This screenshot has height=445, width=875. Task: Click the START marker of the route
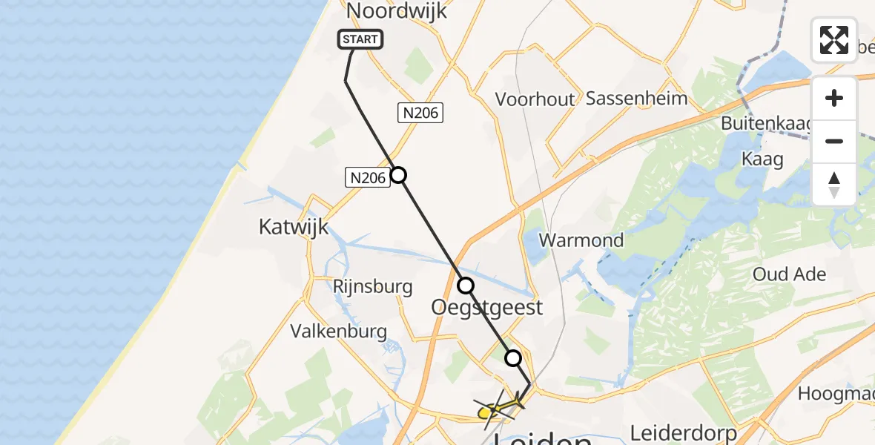click(360, 39)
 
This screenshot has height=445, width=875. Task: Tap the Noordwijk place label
click(397, 10)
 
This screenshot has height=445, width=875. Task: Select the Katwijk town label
click(294, 226)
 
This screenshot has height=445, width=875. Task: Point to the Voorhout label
click(535, 99)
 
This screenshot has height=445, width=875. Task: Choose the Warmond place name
click(581, 240)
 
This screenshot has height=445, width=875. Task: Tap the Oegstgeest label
click(487, 307)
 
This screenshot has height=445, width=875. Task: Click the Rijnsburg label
click(372, 286)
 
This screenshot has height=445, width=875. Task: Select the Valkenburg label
click(339, 331)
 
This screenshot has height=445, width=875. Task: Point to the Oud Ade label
click(789, 274)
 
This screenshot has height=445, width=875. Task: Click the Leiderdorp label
click(683, 432)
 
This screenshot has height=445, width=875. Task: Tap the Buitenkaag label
click(768, 123)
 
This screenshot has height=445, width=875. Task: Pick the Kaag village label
click(762, 159)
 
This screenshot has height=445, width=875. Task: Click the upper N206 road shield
click(420, 113)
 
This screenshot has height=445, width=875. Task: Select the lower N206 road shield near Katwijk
click(368, 177)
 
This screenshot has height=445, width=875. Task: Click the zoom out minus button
click(834, 142)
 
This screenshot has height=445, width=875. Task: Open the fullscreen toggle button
click(834, 40)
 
